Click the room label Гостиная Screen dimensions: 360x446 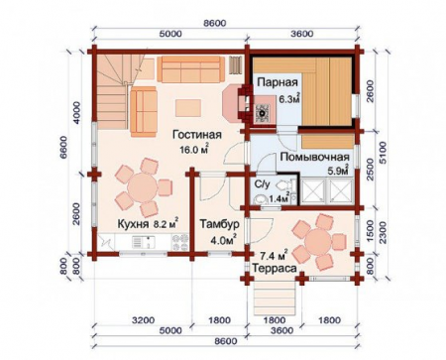click(195, 135)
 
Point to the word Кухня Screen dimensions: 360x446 click(133, 224)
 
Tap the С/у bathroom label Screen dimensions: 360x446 click(263, 183)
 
